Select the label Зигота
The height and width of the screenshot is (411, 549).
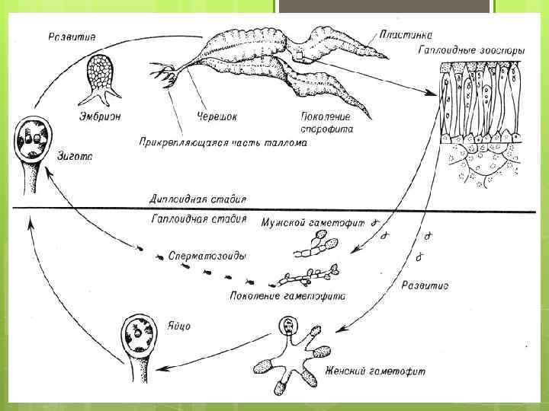(75, 158)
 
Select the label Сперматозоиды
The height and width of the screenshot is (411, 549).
(207, 256)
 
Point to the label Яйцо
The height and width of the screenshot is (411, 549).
(178, 327)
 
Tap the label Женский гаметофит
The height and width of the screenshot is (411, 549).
(375, 371)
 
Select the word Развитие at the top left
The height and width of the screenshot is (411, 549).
(72, 36)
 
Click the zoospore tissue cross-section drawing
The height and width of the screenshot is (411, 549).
(480, 122)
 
